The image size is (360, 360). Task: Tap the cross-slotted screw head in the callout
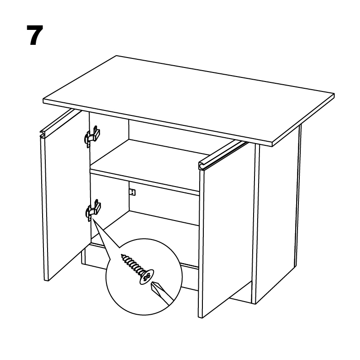146,277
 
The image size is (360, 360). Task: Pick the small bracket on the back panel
132,192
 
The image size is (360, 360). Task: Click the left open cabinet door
62,195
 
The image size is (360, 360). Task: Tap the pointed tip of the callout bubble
92,218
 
